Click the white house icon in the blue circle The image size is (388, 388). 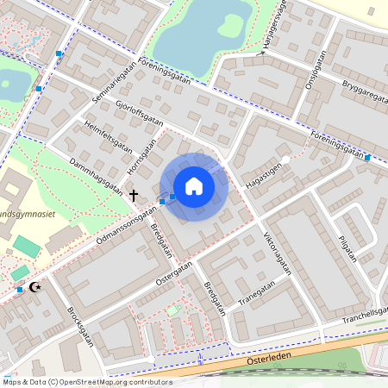(x=194, y=186)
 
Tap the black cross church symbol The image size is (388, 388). (x=134, y=196)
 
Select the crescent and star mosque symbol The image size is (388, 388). (x=35, y=286)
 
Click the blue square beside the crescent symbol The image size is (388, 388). (x=20, y=290)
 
